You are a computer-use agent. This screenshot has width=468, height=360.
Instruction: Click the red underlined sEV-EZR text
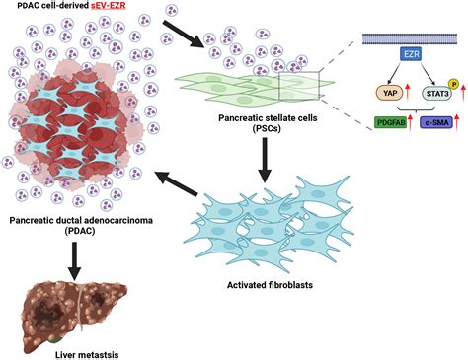(x=124, y=9)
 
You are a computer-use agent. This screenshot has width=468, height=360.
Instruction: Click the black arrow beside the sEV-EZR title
(x=184, y=31)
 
